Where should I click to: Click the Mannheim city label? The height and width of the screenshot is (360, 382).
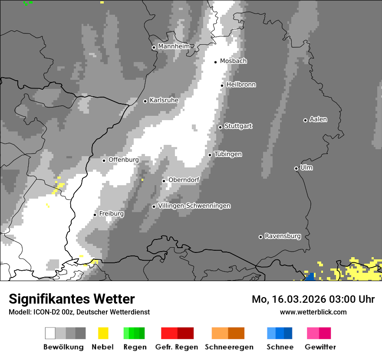point(174,46)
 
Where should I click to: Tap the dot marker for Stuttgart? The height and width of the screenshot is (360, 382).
point(221,127)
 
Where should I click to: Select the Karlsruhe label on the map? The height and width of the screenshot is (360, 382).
point(164,100)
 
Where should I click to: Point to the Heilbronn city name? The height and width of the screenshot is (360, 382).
point(241,85)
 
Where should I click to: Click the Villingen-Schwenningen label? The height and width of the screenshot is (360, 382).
point(194,206)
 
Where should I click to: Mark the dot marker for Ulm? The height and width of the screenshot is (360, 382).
point(296,168)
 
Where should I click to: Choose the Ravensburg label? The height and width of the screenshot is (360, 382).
point(283,236)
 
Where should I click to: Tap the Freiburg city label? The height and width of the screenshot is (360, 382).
point(111,214)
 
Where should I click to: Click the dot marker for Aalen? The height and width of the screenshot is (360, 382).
point(305,120)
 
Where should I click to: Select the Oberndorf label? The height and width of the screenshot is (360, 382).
point(184,180)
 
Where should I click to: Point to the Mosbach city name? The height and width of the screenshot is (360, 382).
point(233,61)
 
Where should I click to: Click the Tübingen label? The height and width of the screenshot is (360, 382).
point(228,154)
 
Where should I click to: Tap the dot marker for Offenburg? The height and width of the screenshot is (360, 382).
point(104,160)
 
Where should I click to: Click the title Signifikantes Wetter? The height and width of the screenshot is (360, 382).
point(72,299)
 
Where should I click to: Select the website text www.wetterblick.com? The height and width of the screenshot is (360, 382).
point(313,312)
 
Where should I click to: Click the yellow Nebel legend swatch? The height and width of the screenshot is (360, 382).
point(103,333)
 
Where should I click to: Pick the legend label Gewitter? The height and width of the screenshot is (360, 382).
point(320,347)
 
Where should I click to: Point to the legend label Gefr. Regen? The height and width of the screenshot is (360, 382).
point(176,347)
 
